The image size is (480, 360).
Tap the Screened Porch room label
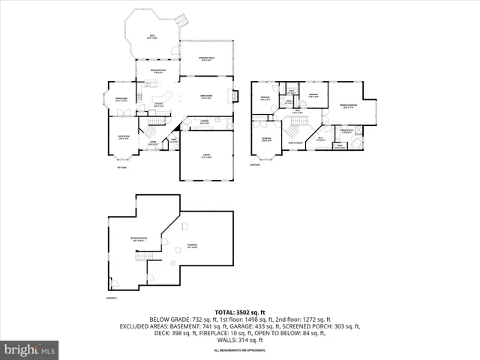point(205,61)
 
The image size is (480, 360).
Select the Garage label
point(205,156)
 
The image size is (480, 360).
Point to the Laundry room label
point(205,121)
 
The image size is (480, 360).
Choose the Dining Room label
point(121,99)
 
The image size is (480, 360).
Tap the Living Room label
point(124,137)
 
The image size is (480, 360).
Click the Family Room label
point(206,96)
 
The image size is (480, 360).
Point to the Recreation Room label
point(137,239)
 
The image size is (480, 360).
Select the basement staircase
point(141,257)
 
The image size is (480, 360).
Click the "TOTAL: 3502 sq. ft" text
point(240,311)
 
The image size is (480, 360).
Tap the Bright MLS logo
point(30,349)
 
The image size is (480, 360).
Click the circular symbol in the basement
point(173,263)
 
